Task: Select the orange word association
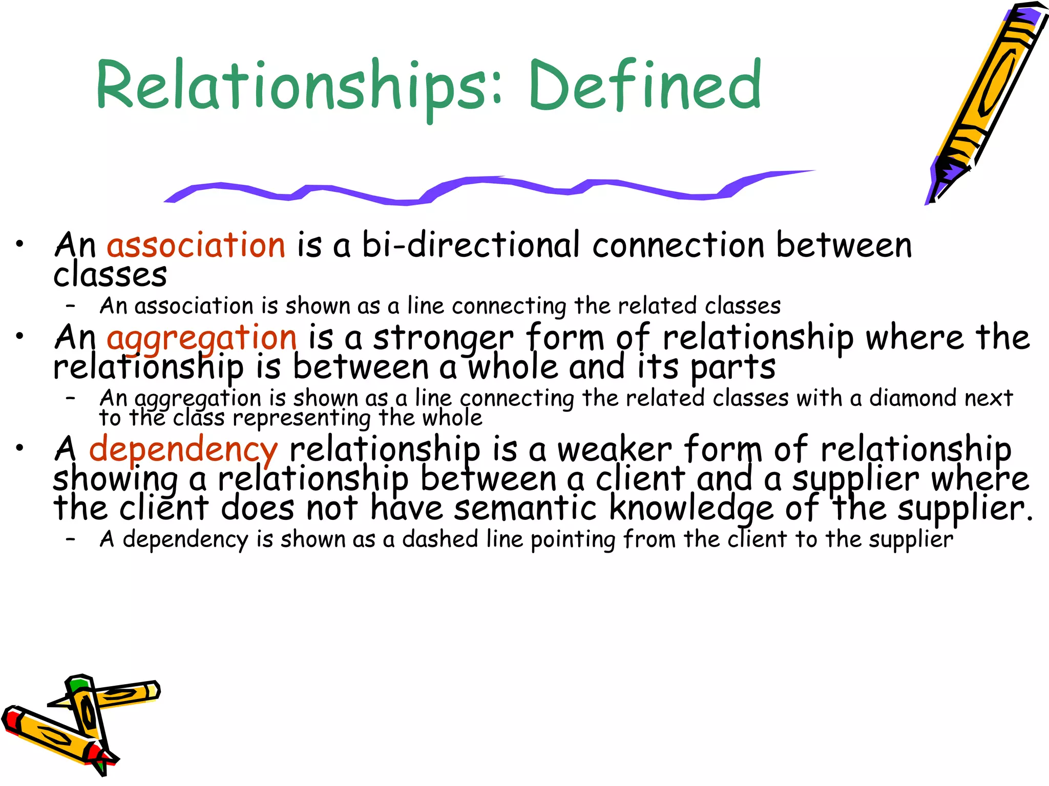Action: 196,245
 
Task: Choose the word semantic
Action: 526,509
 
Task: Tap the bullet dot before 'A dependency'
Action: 19,448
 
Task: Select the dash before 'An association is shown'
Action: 71,306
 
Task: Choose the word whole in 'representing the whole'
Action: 452,419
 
